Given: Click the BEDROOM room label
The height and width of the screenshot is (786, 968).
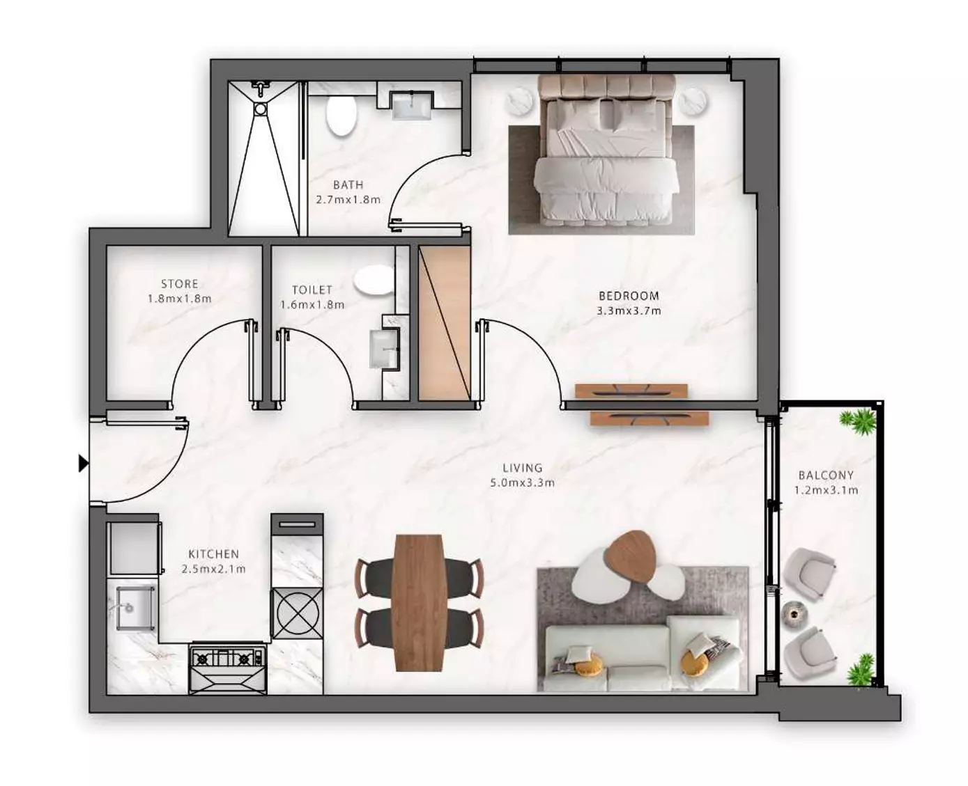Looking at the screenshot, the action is [x=629, y=296].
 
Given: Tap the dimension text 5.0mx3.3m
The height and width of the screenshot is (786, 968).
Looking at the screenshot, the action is [x=523, y=482].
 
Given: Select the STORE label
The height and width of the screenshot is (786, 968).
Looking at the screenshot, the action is [x=180, y=284].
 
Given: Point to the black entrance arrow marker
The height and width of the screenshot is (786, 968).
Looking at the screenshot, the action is [x=84, y=464].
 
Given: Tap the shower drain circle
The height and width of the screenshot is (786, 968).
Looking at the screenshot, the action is [x=261, y=109].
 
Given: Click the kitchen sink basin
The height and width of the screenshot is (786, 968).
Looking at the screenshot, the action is [x=135, y=608].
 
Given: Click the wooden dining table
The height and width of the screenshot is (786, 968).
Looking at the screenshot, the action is [x=418, y=603].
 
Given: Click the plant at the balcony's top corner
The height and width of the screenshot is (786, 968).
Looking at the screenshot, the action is [x=859, y=420].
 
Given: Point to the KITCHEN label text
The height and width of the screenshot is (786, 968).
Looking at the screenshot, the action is [x=213, y=554].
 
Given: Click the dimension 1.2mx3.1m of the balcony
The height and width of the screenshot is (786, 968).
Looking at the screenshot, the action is [x=827, y=490].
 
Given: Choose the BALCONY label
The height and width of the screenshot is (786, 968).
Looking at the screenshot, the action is [x=827, y=475].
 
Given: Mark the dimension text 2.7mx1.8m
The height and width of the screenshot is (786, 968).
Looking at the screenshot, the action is [x=348, y=200].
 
